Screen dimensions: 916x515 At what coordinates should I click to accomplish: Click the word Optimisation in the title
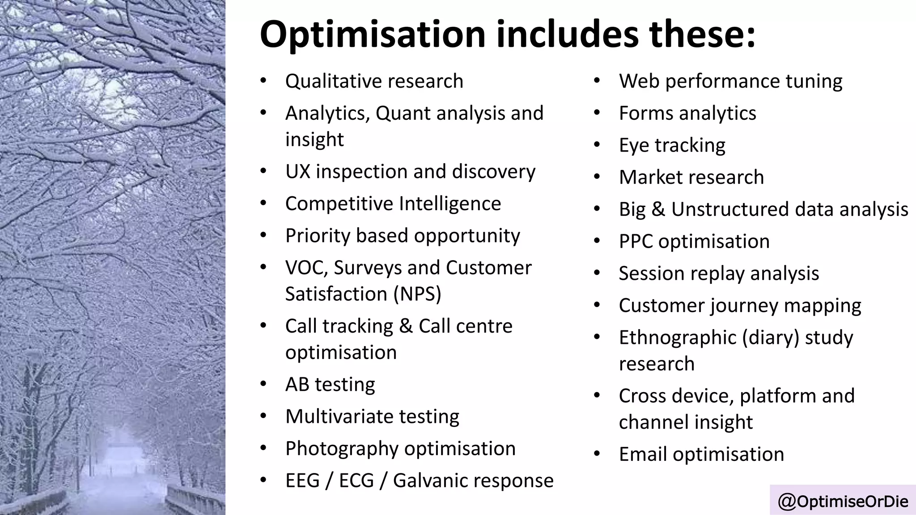pyautogui.click(x=372, y=35)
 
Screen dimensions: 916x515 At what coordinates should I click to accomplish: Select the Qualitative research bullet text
pyautogui.click(x=374, y=81)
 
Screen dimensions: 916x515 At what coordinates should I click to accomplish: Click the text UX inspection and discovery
pyautogui.click(x=410, y=172)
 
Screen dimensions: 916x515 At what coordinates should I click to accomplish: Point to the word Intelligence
pyautogui.click(x=450, y=204)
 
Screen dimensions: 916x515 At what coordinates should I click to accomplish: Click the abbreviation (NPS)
pyautogui.click(x=417, y=294)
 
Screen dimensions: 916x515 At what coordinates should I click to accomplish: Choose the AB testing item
pyautogui.click(x=330, y=384)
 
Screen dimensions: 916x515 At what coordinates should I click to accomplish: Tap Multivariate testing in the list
pyautogui.click(x=372, y=417)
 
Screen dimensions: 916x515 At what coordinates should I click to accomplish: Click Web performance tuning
pyautogui.click(x=730, y=81)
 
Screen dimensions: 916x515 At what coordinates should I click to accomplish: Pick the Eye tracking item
pyautogui.click(x=672, y=145)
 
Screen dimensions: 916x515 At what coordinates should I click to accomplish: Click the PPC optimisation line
pyautogui.click(x=694, y=241)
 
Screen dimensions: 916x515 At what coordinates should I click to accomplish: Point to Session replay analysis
pyautogui.click(x=719, y=274)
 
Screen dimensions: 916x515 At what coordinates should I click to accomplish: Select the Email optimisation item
pyautogui.click(x=701, y=454)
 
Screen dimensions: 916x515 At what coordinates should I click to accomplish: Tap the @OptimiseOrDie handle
pyautogui.click(x=843, y=501)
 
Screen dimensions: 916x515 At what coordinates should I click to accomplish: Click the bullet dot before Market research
pyautogui.click(x=597, y=177)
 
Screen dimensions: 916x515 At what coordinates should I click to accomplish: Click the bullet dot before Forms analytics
pyautogui.click(x=597, y=113)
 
